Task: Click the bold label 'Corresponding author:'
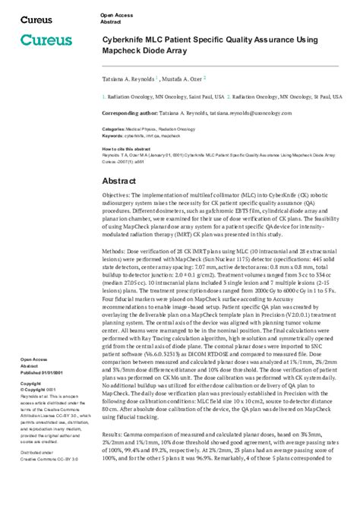coord(128,112)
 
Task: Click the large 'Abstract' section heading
coord(122,182)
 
